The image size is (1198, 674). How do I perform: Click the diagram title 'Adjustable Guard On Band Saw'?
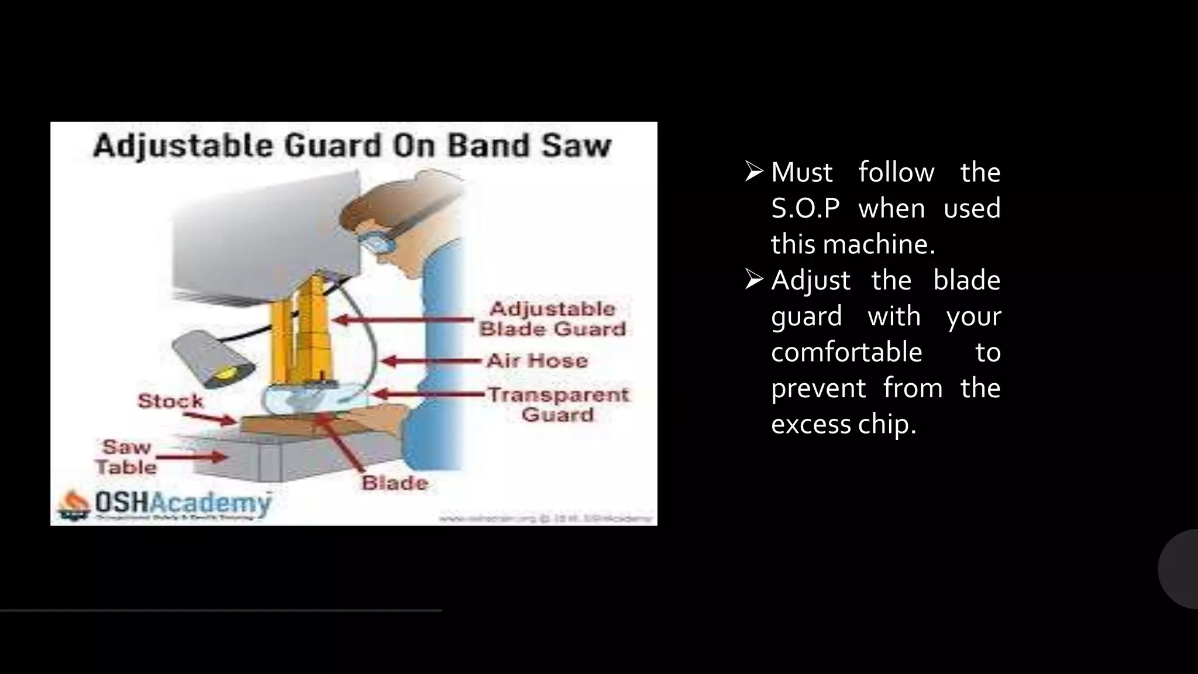tap(352, 146)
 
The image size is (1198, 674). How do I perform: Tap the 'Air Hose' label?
tap(537, 360)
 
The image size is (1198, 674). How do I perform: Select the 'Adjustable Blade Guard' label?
tap(552, 319)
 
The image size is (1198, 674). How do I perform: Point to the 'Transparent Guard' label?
tap(558, 404)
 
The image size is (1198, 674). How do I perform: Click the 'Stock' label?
tap(170, 401)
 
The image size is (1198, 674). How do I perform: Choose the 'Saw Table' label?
tap(126, 457)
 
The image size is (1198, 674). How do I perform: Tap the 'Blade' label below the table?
tap(395, 483)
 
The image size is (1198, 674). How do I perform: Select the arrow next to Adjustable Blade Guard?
tap(404, 320)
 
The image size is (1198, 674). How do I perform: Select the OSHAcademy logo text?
tap(182, 503)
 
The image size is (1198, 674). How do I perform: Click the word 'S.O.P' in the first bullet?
tap(805, 208)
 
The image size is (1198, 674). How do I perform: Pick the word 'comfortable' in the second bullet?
tap(846, 352)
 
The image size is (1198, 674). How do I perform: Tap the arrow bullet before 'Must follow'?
tap(754, 171)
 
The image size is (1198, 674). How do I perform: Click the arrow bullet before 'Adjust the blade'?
tap(754, 280)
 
